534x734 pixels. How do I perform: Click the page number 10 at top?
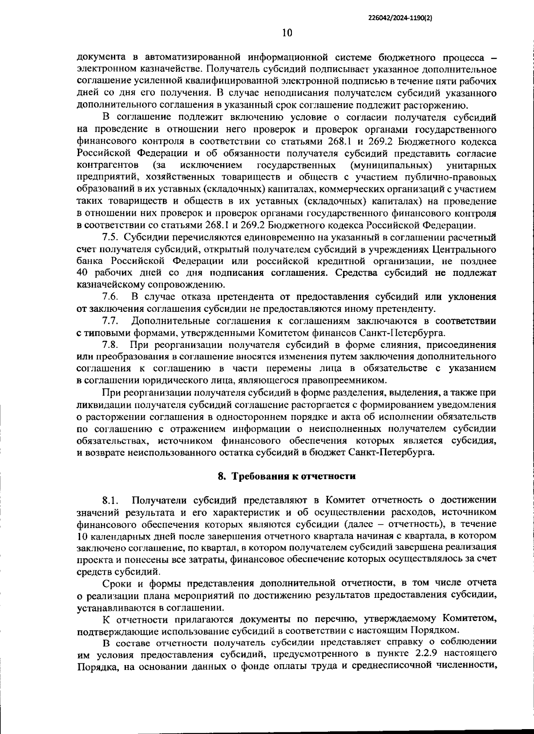point(287,32)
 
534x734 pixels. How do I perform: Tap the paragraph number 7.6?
point(110,297)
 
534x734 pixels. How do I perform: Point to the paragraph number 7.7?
point(110,321)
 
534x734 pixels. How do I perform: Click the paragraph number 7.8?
point(110,345)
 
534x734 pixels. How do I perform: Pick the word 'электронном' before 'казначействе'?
point(103,70)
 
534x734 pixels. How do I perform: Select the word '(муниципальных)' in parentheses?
point(391,165)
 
